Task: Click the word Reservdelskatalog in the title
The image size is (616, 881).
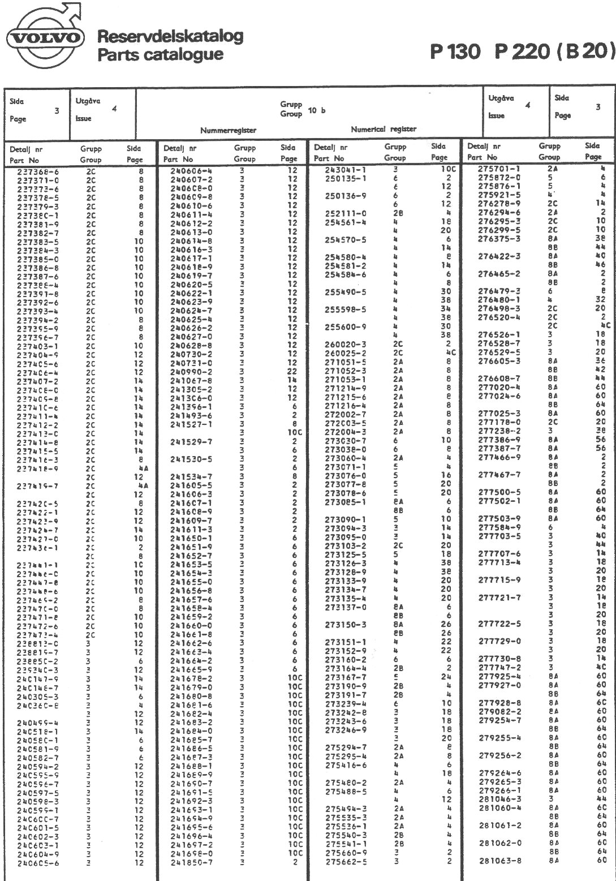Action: coord(170,36)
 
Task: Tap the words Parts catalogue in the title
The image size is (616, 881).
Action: coord(160,55)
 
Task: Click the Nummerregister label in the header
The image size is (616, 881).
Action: coord(229,130)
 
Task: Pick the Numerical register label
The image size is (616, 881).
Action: coord(384,129)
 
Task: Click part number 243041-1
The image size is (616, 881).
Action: coord(346,169)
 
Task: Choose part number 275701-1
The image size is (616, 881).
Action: coord(499,168)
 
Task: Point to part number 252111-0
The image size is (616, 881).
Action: coord(346,213)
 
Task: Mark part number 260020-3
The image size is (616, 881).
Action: coord(346,344)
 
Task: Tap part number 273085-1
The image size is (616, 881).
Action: coord(346,501)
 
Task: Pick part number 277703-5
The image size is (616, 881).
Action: coord(499,536)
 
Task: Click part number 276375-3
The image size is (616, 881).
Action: coord(499,238)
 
